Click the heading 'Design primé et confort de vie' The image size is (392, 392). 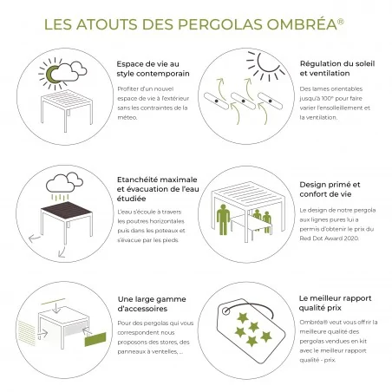(x=331, y=189)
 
